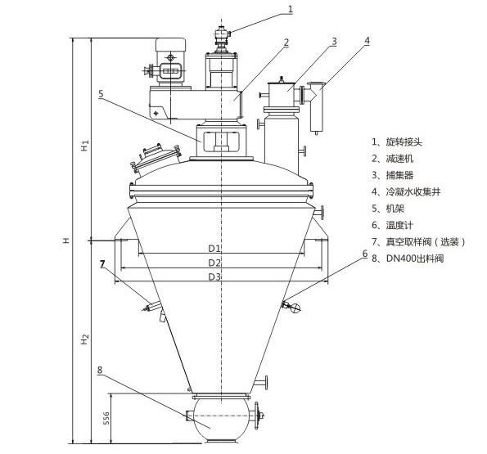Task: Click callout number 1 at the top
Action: coord(291,9)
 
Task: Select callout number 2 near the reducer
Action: coord(286,43)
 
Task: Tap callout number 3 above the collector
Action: coord(334,41)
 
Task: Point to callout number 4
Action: coord(367,41)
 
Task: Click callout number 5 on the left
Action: coord(101,94)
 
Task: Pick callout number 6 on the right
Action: coord(365,254)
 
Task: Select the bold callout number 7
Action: coord(102,263)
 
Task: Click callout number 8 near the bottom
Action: coord(100,370)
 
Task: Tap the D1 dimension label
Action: coord(214,248)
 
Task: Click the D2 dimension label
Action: coord(214,263)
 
